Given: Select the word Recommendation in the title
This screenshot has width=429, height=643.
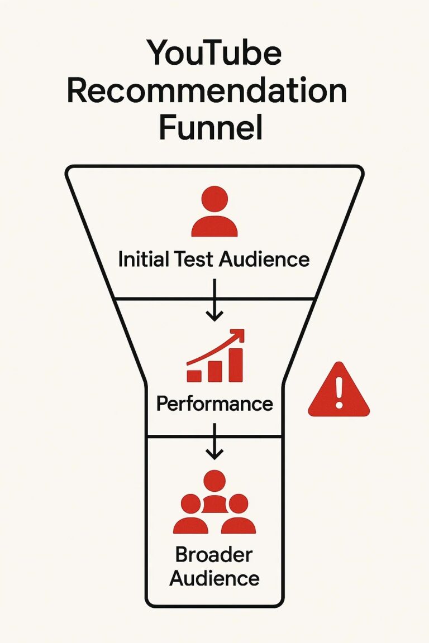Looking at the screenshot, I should click(207, 92).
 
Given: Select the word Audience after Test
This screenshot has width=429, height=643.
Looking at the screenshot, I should click(264, 259).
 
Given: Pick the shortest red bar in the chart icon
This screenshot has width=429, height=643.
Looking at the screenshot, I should click(194, 375).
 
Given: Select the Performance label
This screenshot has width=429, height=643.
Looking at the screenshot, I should click(214, 404).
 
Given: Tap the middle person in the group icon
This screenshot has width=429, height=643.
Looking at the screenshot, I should click(214, 491).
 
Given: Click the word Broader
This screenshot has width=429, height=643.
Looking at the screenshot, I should click(214, 556).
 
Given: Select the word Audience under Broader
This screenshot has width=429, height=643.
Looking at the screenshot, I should click(214, 578).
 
